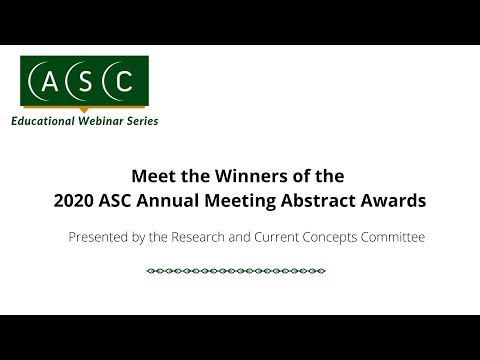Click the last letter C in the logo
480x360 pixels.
[x=122, y=81]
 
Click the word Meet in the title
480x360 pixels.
[x=152, y=172]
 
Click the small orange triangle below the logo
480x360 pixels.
[x=84, y=107]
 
